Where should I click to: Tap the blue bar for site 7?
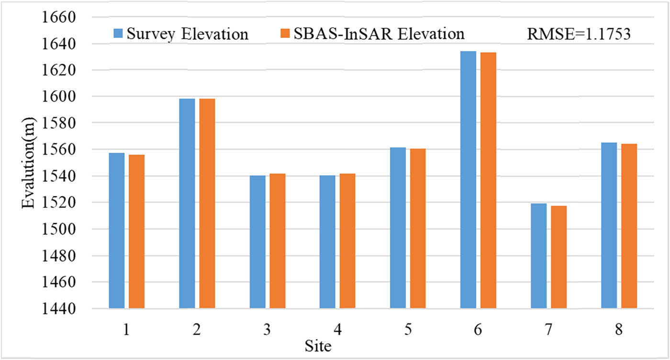(x=538, y=256)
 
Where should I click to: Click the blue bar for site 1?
(x=116, y=230)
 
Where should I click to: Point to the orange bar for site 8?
(x=629, y=225)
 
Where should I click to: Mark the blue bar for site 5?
(x=398, y=227)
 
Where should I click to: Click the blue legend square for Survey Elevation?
(x=118, y=34)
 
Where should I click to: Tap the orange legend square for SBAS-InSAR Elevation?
(x=285, y=34)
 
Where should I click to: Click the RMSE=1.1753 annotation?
(x=578, y=34)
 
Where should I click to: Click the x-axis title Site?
(x=318, y=346)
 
